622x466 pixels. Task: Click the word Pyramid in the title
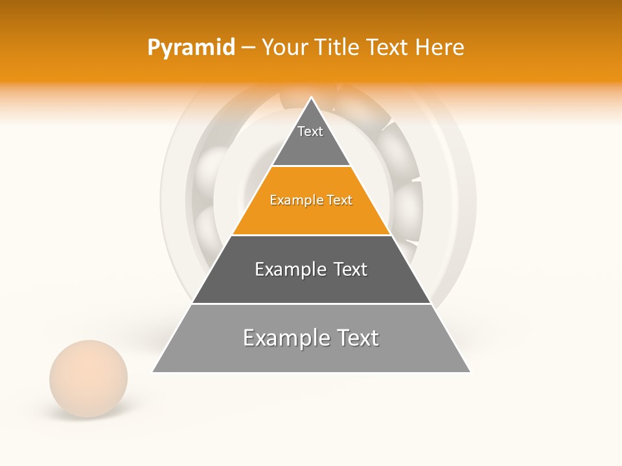(x=190, y=48)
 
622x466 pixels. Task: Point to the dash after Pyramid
(x=248, y=48)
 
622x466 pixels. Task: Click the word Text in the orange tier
(x=340, y=200)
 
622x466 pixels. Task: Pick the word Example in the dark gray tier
(x=290, y=269)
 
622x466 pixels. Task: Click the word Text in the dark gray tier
(x=351, y=269)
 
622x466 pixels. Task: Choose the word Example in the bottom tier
(x=282, y=338)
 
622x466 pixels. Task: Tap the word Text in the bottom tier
(x=358, y=338)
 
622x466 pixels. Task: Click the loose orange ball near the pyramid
(x=88, y=378)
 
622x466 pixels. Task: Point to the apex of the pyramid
(x=312, y=98)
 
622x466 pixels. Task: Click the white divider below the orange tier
(x=311, y=235)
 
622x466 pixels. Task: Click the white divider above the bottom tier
(x=311, y=304)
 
